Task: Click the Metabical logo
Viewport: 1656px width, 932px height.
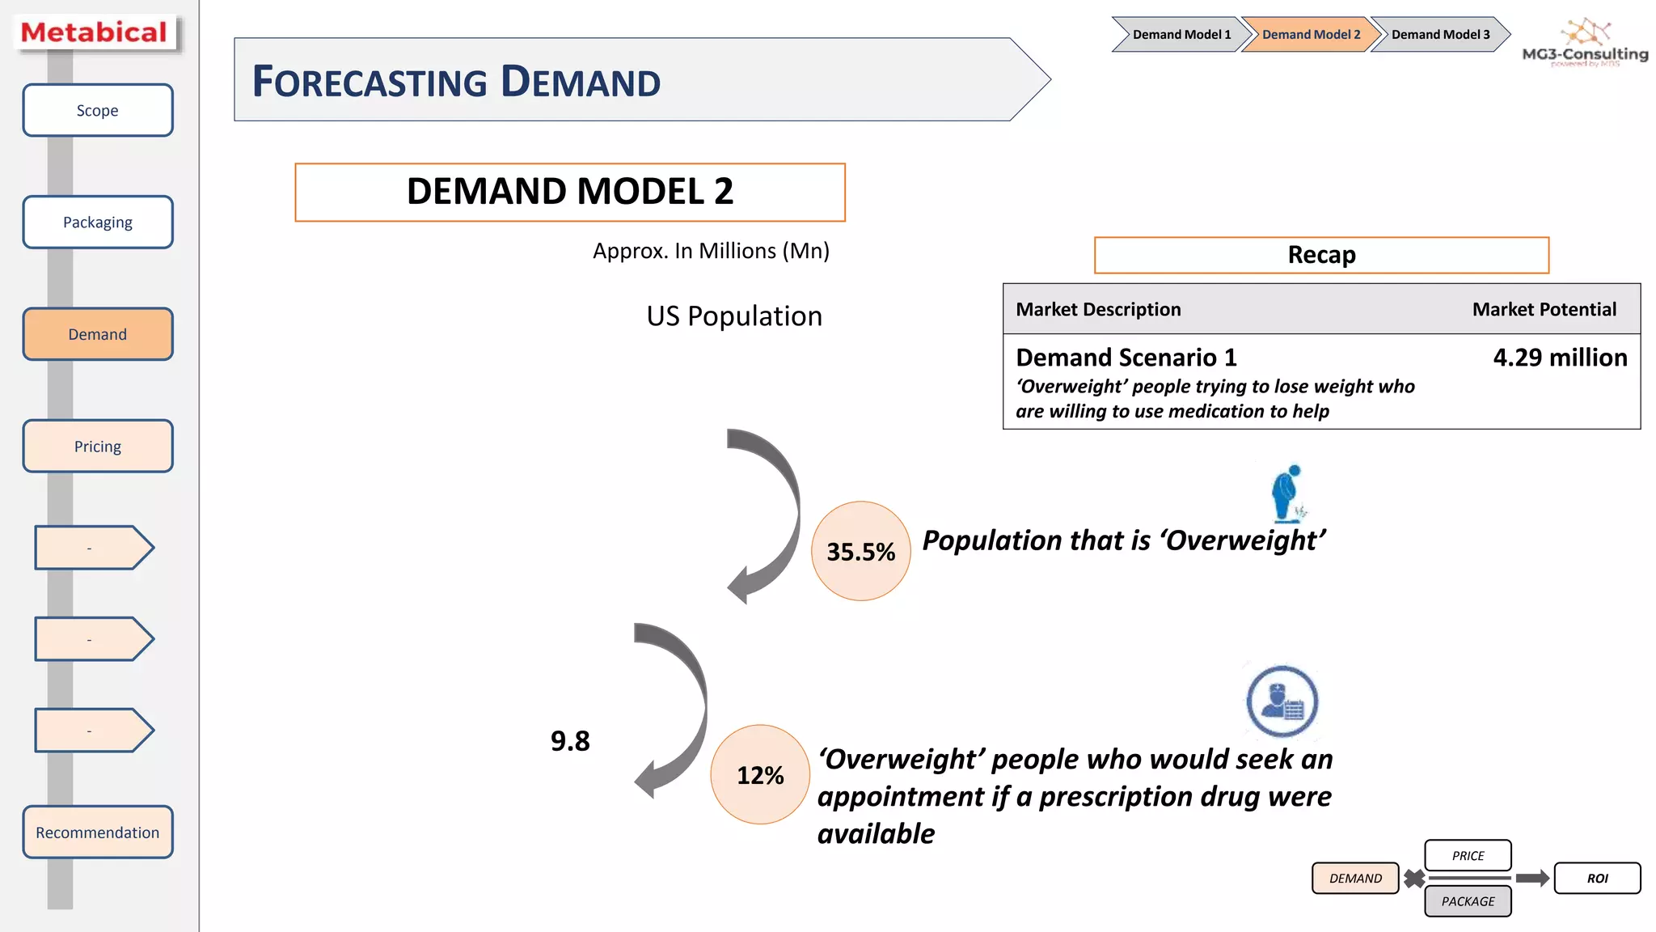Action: [95, 33]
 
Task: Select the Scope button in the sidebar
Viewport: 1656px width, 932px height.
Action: [98, 111]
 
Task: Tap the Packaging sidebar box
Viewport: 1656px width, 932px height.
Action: [98, 222]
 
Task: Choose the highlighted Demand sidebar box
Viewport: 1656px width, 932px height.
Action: [98, 334]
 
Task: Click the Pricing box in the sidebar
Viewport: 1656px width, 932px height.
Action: [98, 447]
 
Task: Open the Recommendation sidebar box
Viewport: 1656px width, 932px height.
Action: [98, 832]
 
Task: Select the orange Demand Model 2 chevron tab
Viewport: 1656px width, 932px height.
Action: [1309, 35]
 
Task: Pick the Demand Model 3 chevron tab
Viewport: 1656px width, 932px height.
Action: [1439, 35]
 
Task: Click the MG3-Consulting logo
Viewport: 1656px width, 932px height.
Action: [1585, 44]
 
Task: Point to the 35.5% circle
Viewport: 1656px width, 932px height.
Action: [860, 552]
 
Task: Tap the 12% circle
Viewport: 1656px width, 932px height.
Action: [759, 775]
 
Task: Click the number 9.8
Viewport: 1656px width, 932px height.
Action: [570, 741]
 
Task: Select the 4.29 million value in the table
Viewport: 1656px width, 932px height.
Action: [1559, 358]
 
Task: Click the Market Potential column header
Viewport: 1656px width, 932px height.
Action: [1544, 310]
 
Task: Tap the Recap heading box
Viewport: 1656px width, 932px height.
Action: [1321, 255]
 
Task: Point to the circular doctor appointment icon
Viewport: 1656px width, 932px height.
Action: [1282, 701]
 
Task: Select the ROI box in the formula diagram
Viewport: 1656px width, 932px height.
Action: [1597, 879]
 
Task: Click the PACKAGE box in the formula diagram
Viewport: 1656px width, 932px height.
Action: [1468, 901]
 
